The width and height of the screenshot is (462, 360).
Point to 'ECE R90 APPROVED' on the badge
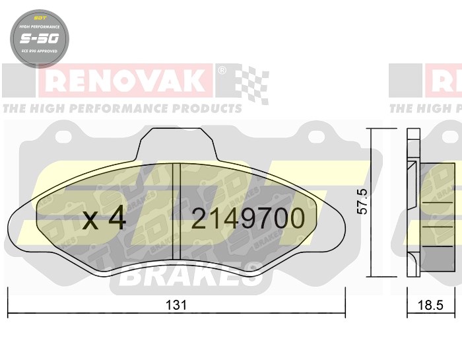[x=38, y=51]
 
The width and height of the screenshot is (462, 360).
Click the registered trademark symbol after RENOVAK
[x=222, y=69]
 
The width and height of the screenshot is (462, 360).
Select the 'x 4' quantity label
[x=104, y=219]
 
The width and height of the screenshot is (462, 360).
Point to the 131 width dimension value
[x=177, y=305]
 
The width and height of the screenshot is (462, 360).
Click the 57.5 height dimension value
[x=362, y=201]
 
